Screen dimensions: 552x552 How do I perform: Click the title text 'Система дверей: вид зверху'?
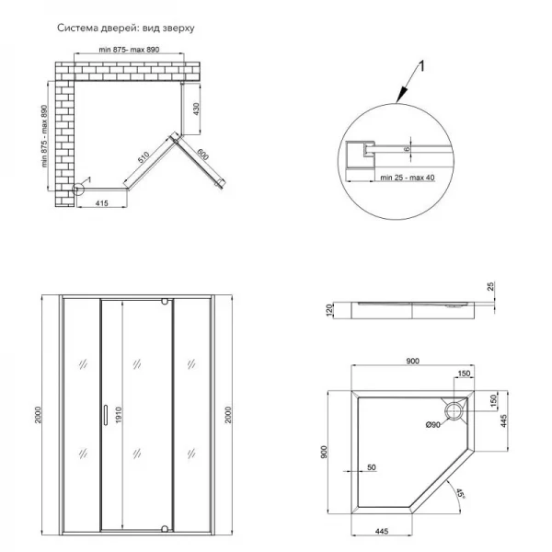click(x=126, y=28)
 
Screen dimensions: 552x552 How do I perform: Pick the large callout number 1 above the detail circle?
click(x=421, y=65)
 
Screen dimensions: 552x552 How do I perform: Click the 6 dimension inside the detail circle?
click(x=407, y=148)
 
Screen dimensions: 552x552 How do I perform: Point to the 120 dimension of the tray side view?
click(x=328, y=310)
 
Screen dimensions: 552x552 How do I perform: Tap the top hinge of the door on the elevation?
click(x=164, y=302)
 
